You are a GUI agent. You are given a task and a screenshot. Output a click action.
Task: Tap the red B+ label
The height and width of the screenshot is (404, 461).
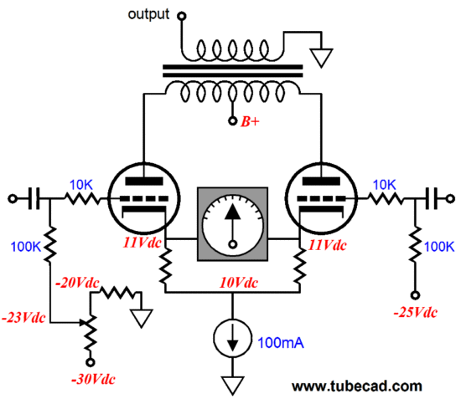[x=251, y=122]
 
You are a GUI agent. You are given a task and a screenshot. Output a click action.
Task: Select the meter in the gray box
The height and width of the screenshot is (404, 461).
[x=235, y=222]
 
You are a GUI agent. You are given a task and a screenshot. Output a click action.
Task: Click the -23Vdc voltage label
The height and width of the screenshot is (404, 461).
[x=24, y=318]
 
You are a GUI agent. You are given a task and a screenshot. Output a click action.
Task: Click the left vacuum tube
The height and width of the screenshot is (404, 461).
[x=142, y=197]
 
